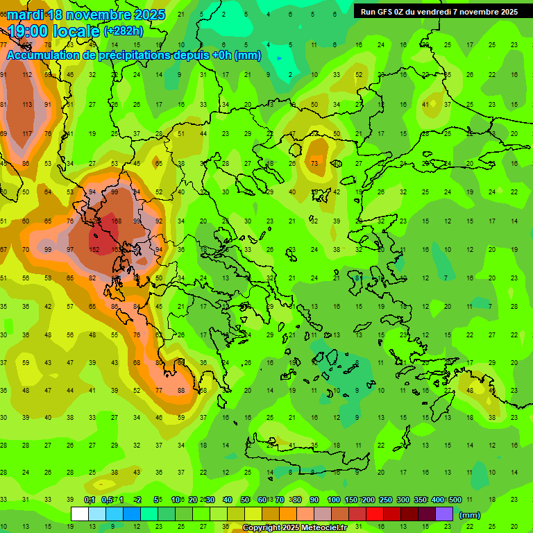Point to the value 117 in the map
click(x=27, y=133)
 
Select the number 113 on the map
click(x=27, y=105)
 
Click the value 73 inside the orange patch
click(x=315, y=163)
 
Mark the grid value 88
click(x=182, y=390)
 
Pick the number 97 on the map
click(x=70, y=249)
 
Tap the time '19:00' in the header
click(x=31, y=31)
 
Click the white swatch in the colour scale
click(x=80, y=514)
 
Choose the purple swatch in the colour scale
click(x=444, y=514)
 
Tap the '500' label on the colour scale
click(x=455, y=500)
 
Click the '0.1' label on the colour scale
click(x=90, y=500)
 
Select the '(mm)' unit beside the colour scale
click(x=469, y=515)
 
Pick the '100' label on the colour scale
click(x=333, y=500)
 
